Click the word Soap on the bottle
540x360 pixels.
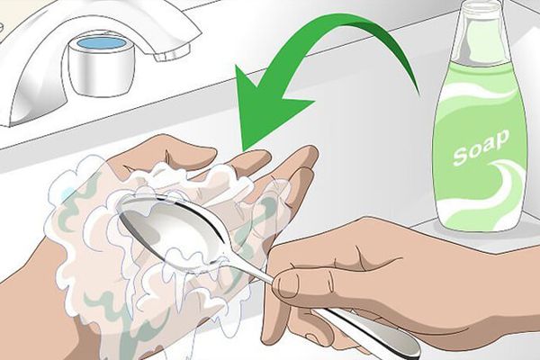(481, 147)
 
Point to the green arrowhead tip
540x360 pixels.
(244, 150)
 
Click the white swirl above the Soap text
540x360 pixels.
(479, 93)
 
